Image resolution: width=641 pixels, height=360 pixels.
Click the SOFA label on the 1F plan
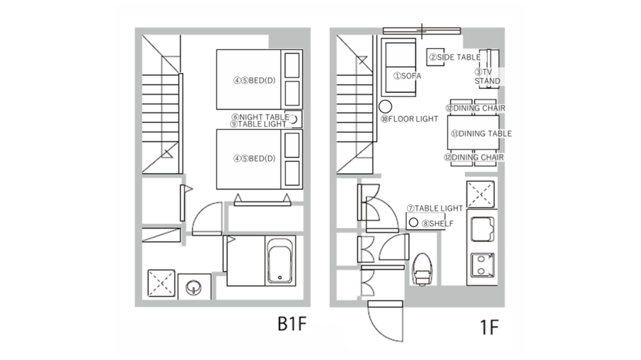click(x=407, y=76)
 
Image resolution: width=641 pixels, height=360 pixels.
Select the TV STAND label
click(x=487, y=77)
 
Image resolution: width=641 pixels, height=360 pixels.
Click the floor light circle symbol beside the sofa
click(x=386, y=106)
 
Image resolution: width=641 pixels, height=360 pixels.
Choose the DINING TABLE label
click(x=481, y=134)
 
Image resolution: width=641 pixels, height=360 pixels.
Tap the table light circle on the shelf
click(x=413, y=223)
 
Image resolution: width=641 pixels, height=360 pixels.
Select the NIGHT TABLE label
click(x=260, y=117)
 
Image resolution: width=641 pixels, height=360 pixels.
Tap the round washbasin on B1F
click(x=192, y=286)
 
